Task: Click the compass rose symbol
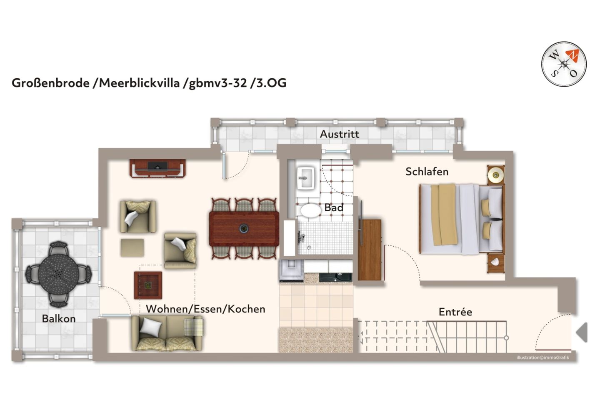(x=564, y=64)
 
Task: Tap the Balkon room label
(x=59, y=319)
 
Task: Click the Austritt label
(x=339, y=134)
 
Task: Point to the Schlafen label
(x=427, y=172)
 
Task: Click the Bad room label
(x=334, y=207)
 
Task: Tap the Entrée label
(x=455, y=312)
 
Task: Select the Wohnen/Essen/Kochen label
(x=205, y=309)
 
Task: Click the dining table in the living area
(x=244, y=229)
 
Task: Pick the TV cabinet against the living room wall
(x=157, y=168)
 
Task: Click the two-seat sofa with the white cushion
(x=167, y=332)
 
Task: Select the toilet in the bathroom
(x=310, y=210)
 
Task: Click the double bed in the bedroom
(x=460, y=219)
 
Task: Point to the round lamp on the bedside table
(x=496, y=175)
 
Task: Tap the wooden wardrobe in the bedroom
(x=370, y=250)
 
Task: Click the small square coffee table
(x=148, y=285)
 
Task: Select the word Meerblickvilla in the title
(x=140, y=83)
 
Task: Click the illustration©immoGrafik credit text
(x=542, y=357)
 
